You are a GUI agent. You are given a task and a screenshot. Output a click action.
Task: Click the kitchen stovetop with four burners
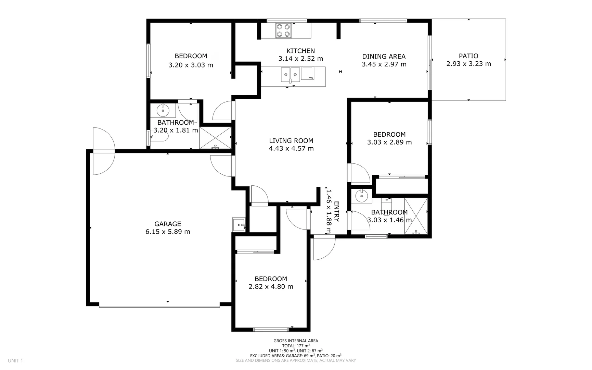284,30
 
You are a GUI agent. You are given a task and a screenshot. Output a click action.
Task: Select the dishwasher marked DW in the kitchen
308,73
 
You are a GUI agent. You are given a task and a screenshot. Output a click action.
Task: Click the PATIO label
468,56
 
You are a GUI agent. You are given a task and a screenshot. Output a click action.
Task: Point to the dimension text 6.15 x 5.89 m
168,232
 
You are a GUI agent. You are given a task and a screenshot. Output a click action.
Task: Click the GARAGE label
168,224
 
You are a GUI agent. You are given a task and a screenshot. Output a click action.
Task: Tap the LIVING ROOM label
291,140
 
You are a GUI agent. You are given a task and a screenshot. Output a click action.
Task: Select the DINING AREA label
384,56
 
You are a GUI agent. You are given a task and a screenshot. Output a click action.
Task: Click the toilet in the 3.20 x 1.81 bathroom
160,137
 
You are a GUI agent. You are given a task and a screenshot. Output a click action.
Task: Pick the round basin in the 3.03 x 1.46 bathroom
361,196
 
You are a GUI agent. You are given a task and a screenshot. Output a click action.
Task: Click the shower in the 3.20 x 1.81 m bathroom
215,138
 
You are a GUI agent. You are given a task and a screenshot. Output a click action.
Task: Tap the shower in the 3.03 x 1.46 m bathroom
416,216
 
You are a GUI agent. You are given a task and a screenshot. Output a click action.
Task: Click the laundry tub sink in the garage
239,225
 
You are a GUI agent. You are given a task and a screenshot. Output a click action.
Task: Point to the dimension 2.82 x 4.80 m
271,287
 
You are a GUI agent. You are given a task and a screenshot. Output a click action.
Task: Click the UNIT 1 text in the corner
15,360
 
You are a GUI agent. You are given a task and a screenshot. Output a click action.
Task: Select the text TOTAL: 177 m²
296,346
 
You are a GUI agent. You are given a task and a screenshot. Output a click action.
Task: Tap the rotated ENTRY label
336,211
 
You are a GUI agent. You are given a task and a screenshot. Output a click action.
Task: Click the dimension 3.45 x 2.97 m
384,64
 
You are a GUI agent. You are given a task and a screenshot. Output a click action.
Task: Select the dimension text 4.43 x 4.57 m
291,148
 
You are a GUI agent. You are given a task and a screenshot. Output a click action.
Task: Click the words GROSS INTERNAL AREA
296,341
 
